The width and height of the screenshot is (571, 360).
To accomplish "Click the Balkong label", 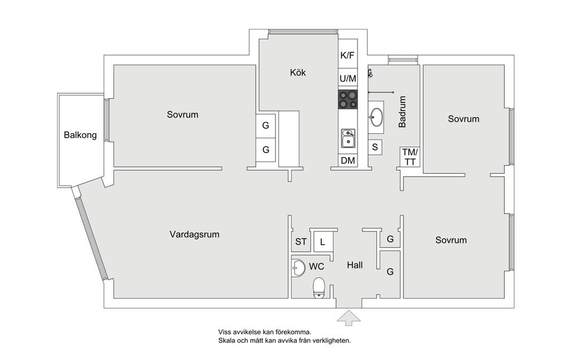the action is coord(80,135).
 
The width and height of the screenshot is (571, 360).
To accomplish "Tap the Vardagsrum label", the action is coord(195,234).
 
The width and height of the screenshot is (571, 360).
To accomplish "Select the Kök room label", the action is coord(298,72).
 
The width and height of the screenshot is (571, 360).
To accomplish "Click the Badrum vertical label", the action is coord(402,112).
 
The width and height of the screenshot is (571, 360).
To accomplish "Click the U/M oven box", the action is coord(348,79).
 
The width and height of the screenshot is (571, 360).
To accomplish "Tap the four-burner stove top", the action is coord(348,99).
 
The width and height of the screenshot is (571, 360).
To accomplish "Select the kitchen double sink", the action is coord(348,138).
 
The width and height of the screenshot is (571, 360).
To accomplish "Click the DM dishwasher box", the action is coord(348,160).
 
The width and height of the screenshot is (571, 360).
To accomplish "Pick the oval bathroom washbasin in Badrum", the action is coord(376,117).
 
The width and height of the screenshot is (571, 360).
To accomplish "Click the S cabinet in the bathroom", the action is coord(375,147).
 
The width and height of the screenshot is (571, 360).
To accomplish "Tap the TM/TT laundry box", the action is coord(410,157).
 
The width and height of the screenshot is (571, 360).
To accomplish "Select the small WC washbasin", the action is coord(298,267).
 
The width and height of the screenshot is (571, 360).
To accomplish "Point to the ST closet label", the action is coord(301,242).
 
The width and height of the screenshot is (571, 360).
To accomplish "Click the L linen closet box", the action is coord(323,241).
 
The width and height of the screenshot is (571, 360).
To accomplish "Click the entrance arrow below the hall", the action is coord(349,318).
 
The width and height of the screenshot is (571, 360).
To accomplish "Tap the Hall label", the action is coord(355,265).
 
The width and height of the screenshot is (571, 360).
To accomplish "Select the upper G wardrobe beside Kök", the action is coord(266,125).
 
